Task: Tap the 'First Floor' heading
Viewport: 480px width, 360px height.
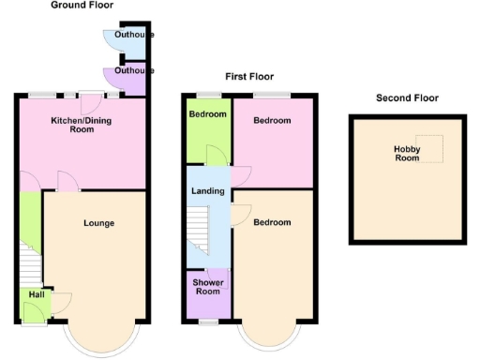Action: (249, 77)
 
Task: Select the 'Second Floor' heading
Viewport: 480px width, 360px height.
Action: (407, 97)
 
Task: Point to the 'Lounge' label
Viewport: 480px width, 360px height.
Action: (98, 223)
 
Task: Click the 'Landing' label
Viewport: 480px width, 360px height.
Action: (207, 192)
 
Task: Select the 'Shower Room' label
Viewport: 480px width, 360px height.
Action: (207, 286)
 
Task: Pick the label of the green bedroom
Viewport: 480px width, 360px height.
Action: (207, 114)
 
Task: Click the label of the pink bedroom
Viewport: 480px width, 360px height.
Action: (272, 121)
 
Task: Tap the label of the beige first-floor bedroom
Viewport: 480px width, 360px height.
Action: (272, 223)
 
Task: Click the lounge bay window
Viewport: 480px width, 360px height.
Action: (103, 339)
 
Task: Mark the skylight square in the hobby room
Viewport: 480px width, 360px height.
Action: (431, 148)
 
